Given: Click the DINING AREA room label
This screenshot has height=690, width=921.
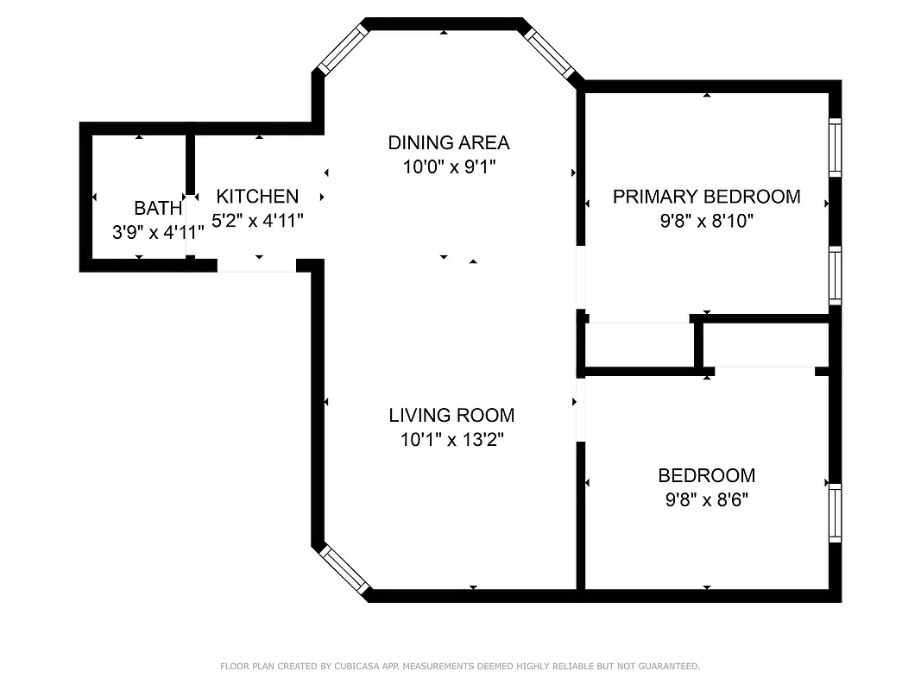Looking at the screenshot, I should click(x=448, y=142).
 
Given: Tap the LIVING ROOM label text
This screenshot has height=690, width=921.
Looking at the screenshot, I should click(x=451, y=415).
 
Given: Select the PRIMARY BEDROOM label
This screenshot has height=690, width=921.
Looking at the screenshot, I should click(x=706, y=197).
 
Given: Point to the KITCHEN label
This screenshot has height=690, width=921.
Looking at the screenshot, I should click(x=257, y=197).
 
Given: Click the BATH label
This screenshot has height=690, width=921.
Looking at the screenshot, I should click(x=158, y=208).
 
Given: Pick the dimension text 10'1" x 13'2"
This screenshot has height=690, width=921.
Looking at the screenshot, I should click(x=451, y=440).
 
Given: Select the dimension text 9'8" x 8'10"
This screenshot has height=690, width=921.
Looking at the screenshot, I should click(x=706, y=222).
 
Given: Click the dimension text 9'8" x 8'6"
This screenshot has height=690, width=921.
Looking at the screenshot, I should click(x=706, y=500).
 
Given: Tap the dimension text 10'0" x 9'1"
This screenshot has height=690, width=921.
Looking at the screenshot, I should click(x=448, y=167).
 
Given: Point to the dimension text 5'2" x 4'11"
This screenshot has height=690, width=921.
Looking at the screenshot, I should click(x=257, y=222).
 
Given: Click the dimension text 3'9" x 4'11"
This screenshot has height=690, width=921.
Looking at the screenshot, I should click(x=158, y=233).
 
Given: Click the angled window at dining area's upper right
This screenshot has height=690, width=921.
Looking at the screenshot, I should click(x=551, y=53).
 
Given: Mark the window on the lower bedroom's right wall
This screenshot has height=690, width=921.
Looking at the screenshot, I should click(x=835, y=513).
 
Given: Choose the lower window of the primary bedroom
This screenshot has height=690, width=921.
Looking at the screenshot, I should click(x=835, y=275).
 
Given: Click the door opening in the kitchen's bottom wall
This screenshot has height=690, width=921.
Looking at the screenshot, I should click(x=256, y=266).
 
